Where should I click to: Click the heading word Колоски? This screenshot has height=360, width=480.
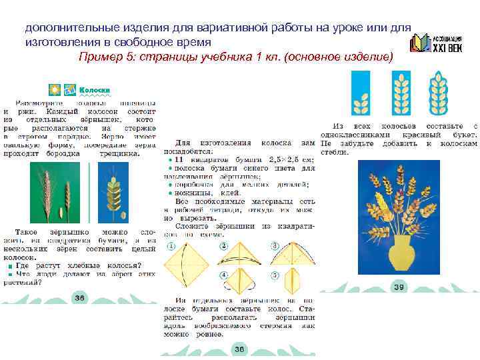(x=95, y=90)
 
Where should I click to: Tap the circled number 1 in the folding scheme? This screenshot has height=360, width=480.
(x=170, y=247)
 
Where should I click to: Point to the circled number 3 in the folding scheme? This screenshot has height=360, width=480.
(x=275, y=247)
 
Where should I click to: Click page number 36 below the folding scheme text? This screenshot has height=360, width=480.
(x=239, y=349)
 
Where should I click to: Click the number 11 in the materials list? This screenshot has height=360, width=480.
(x=177, y=160)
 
